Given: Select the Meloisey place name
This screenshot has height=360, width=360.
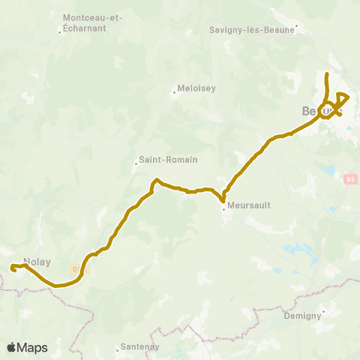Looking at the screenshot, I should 196,88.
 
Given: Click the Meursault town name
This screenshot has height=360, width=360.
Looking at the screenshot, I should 247,203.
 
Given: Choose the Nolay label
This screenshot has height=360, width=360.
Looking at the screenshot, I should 37,262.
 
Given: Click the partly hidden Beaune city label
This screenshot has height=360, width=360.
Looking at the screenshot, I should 310,111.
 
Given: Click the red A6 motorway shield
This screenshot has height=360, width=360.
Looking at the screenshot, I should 350,179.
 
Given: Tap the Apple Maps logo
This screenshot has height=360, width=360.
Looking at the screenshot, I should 27,347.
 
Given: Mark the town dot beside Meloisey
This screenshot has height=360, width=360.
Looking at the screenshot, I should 175,93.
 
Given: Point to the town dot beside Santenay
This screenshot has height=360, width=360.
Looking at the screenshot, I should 118,348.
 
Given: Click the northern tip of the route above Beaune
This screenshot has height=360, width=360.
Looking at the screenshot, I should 326,74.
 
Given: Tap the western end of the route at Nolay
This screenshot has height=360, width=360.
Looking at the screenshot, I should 11,267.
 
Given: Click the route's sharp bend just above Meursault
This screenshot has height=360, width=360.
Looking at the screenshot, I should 223,200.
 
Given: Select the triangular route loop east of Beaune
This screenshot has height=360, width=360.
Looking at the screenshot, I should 342,98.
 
